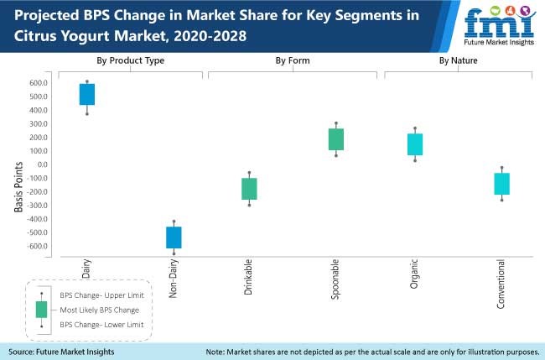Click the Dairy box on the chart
87,94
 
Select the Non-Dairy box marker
174,237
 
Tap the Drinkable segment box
249,189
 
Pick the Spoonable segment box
335,139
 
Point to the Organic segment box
415,144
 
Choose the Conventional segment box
502,184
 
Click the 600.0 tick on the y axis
39,83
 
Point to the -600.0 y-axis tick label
38,246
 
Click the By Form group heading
293,60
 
